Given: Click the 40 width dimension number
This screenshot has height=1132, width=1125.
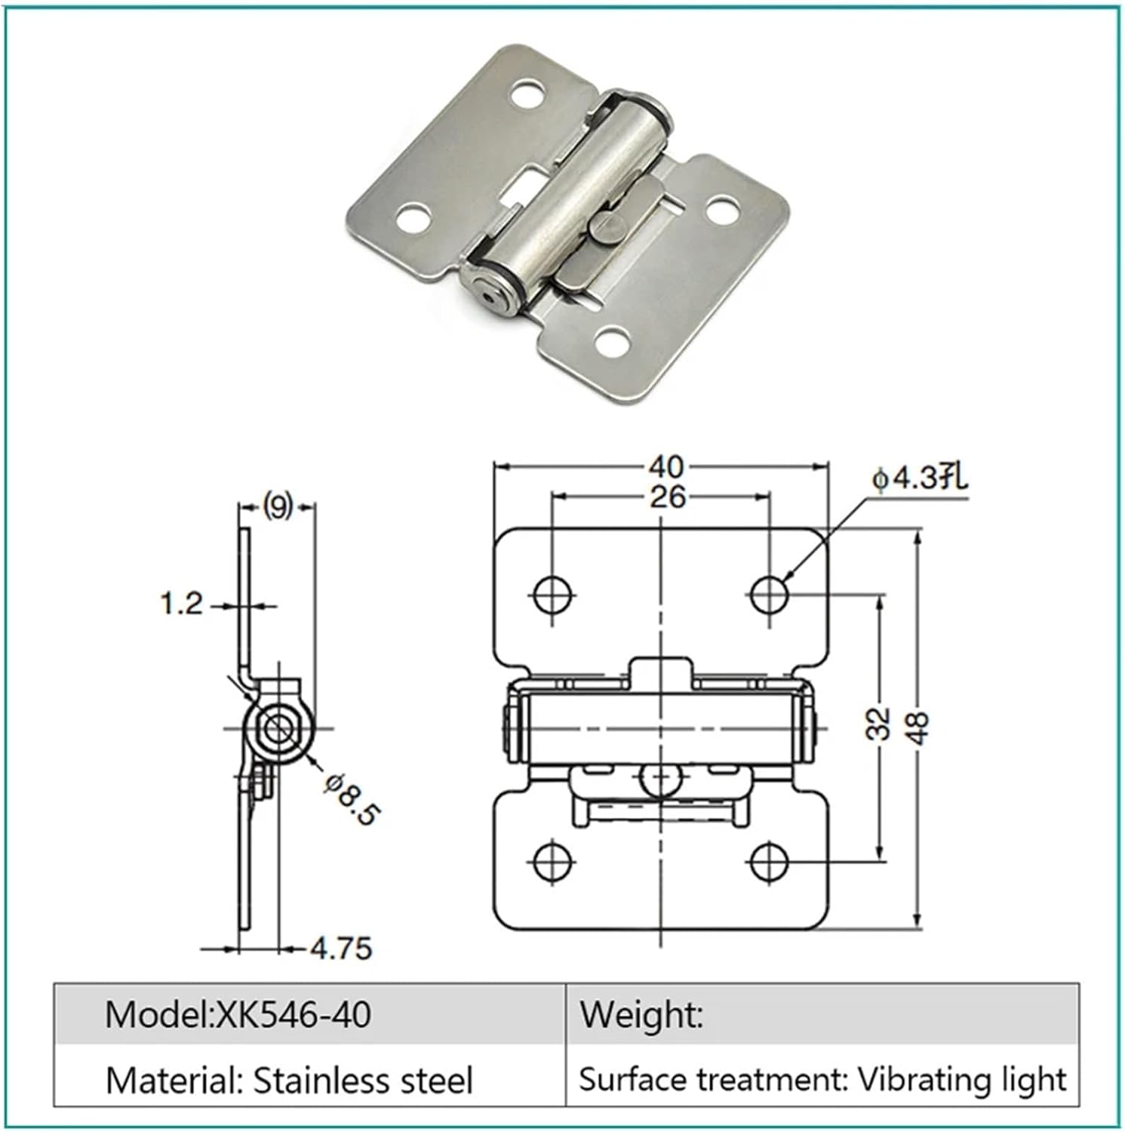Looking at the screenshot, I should (x=665, y=467).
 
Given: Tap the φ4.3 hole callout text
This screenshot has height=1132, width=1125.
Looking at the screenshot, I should (x=919, y=478).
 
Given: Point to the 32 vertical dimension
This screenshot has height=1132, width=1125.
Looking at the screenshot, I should (x=879, y=724).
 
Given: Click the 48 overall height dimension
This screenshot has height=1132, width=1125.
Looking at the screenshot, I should (x=918, y=727).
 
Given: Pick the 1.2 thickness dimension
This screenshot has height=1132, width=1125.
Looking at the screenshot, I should (x=182, y=604).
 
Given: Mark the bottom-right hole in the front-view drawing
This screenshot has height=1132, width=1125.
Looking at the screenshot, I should (x=770, y=860).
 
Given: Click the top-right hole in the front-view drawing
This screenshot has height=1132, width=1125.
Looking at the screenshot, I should (x=770, y=595).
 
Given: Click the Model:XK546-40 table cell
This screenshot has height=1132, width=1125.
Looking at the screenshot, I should (x=238, y=1014).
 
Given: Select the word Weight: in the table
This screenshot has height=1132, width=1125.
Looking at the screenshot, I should (x=641, y=1014).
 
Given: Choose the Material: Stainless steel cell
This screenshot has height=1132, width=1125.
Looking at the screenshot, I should (x=289, y=1080).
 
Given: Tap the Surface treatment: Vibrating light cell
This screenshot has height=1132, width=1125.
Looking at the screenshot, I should (x=822, y=1080).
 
